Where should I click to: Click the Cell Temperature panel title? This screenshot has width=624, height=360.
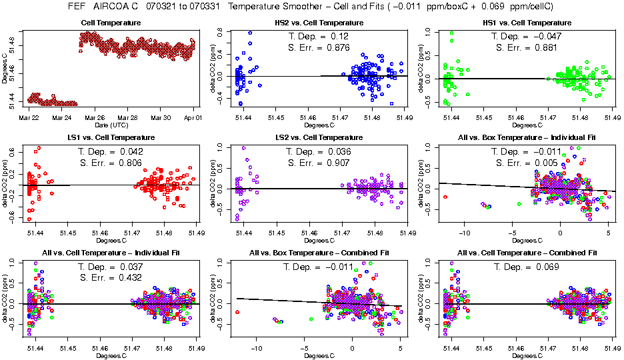coord(111,23)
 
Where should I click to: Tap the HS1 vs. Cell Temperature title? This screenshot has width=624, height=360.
coord(529,23)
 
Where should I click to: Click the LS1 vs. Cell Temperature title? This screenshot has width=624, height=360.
coord(111,137)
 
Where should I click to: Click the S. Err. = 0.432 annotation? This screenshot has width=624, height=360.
coord(111,277)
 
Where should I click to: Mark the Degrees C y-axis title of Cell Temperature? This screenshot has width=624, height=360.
coord(5,69)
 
